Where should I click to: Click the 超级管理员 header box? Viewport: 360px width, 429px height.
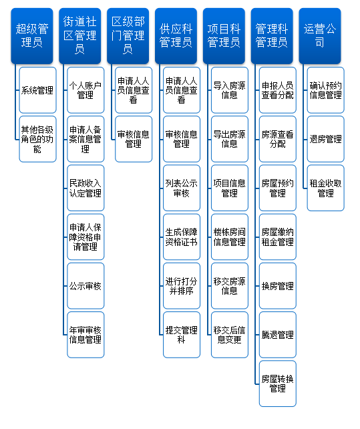(x=32, y=36)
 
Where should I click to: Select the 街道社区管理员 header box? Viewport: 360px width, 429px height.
(x=80, y=36)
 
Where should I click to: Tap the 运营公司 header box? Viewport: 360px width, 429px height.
(x=320, y=36)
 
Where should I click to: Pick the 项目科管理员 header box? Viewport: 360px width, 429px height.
(x=224, y=36)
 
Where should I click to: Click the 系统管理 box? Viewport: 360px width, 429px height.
(x=38, y=90)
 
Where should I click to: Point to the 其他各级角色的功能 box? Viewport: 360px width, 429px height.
(x=38, y=139)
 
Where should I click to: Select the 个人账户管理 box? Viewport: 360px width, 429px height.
(x=85, y=90)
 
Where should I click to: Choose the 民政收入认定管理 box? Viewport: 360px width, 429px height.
(x=85, y=188)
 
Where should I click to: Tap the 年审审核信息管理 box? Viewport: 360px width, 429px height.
(x=85, y=335)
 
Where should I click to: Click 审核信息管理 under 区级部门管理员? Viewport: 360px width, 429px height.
(x=134, y=139)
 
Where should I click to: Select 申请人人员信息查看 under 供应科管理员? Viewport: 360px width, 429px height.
(x=182, y=90)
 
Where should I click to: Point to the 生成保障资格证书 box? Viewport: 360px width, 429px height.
(x=182, y=237)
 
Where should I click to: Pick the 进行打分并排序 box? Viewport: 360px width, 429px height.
(x=182, y=286)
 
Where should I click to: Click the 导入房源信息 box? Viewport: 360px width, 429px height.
(x=230, y=90)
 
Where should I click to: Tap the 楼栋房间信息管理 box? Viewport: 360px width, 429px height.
(x=230, y=237)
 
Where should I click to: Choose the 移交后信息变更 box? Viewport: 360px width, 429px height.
(x=230, y=335)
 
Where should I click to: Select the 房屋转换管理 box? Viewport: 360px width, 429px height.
(x=278, y=384)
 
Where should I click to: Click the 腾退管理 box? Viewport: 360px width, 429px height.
(x=278, y=335)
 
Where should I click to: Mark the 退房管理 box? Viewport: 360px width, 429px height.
(x=325, y=139)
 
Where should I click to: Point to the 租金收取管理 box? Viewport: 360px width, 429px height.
(x=325, y=188)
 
